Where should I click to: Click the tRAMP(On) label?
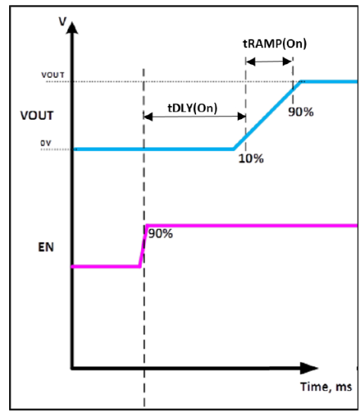275,44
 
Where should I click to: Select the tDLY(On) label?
193,108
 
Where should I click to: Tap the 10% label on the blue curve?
251,159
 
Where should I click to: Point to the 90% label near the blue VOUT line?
301,112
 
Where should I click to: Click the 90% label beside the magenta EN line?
160,234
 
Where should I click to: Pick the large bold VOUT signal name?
37,115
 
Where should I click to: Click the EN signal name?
46,247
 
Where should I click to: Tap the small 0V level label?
46,143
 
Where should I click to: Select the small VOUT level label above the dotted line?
53,75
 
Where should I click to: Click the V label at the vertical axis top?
63,21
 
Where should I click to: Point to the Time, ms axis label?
326,386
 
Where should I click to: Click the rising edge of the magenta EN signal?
143,246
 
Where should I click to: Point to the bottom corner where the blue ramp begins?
233,150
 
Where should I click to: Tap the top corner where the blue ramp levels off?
301,82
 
